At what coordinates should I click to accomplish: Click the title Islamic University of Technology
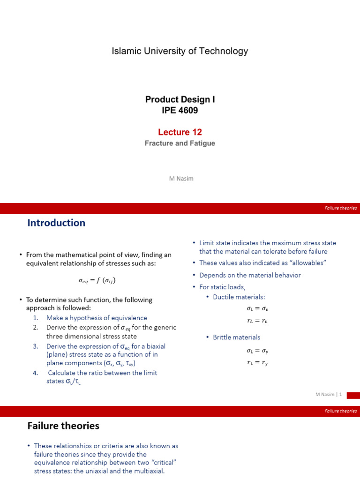click(180, 51)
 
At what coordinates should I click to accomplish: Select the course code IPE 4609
click(180, 111)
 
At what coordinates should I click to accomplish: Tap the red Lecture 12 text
click(180, 132)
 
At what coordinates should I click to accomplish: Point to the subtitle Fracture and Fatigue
click(180, 143)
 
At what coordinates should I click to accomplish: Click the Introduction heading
click(56, 223)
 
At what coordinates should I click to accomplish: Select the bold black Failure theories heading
click(63, 426)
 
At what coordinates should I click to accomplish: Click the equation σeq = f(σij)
click(97, 281)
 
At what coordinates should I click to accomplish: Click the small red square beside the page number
click(353, 395)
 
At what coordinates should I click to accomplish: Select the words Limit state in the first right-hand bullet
click(215, 243)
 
